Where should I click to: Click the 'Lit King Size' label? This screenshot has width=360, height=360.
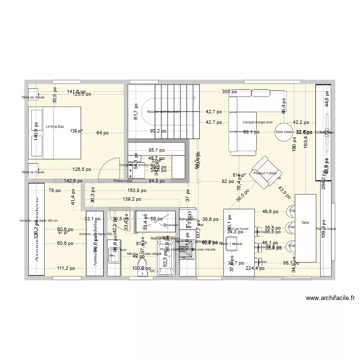coord(55,127)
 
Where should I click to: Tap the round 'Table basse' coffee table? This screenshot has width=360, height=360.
coord(283,132)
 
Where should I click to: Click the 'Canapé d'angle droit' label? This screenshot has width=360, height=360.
coord(257,122)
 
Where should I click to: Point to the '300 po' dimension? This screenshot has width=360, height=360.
coord(229,92)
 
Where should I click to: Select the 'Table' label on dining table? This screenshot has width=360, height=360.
coord(305,223)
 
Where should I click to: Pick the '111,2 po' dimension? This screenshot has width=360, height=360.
coord(61,269)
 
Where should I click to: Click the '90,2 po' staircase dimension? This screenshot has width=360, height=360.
coord(158,131)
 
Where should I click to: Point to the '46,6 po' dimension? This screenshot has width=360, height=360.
coord(270,211)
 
